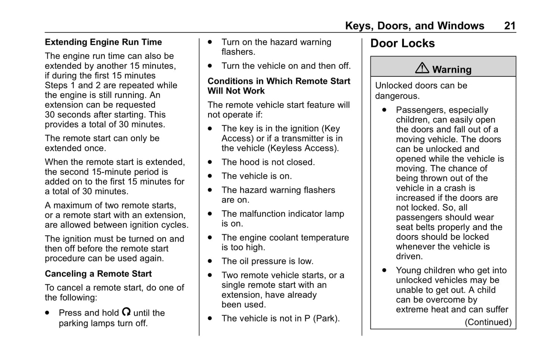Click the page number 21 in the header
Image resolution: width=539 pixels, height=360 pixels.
510,26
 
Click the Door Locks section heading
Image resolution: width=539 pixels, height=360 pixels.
402,44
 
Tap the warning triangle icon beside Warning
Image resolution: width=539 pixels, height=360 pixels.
422,68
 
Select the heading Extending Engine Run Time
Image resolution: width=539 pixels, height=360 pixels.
103,42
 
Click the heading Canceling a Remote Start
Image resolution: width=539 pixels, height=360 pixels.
98,274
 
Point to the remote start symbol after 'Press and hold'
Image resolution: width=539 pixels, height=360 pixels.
126,312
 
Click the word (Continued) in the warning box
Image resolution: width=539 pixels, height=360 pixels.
488,322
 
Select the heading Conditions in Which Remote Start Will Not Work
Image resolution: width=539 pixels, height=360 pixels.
279,86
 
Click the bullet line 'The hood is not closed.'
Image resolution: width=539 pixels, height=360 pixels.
268,162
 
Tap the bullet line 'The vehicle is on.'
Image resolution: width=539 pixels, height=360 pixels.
257,176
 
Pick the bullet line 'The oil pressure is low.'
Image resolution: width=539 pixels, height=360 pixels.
267,261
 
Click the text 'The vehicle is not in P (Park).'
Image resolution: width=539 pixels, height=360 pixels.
281,319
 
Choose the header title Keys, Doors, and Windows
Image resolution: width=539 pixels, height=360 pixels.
414,26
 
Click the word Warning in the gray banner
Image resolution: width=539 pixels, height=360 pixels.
452,70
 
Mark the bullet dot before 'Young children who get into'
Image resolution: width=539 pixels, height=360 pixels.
384,270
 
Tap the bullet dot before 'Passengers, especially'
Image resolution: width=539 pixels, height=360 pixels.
384,110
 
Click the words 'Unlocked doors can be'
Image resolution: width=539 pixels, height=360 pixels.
421,85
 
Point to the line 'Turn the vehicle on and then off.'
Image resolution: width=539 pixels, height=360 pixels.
286,66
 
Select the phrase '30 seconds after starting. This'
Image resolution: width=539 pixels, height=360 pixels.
105,115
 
